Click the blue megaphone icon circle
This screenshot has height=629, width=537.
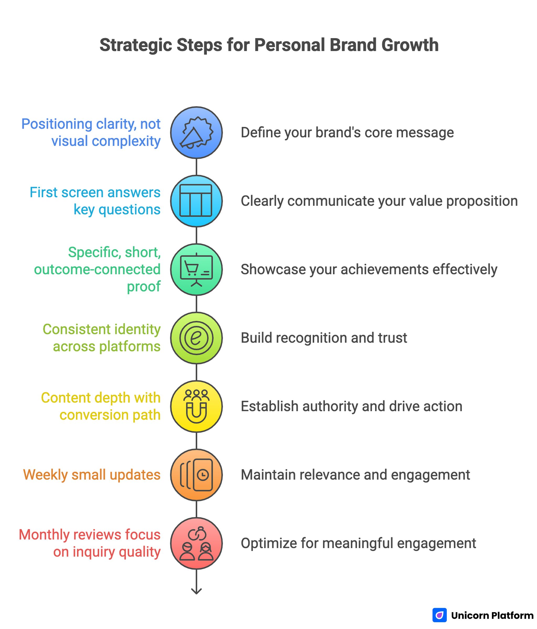click(x=196, y=132)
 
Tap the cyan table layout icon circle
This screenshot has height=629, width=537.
click(x=196, y=201)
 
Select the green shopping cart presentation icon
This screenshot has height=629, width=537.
click(x=196, y=269)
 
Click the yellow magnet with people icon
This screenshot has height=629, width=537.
click(x=196, y=406)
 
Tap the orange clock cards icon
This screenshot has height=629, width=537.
click(x=196, y=475)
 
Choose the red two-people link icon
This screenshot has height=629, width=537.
click(x=196, y=543)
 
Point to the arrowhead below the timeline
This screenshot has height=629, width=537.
click(x=196, y=591)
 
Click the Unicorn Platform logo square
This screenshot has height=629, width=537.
click(x=439, y=615)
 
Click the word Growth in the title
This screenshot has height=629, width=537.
click(x=410, y=45)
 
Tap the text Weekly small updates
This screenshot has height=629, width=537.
click(x=92, y=475)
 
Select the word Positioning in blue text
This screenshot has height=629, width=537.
click(x=57, y=124)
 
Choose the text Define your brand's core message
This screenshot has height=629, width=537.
click(x=347, y=132)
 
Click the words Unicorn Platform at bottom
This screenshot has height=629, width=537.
click(x=492, y=615)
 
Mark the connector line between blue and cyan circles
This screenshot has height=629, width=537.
click(x=196, y=167)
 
